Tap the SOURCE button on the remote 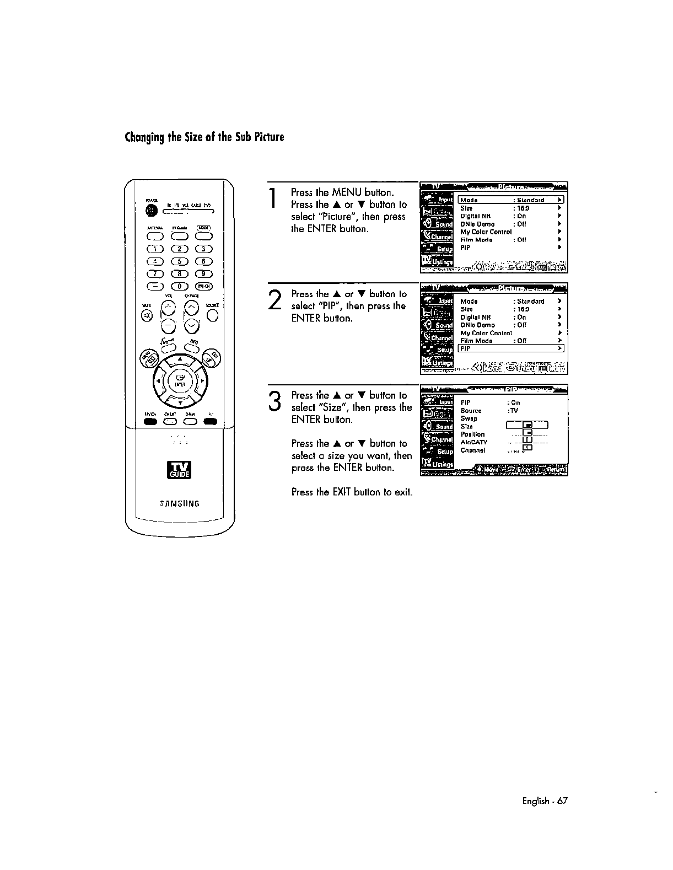point(213,315)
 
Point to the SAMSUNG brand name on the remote point(179,503)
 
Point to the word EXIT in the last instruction point(342,492)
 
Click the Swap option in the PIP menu point(469,418)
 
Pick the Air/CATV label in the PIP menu point(473,442)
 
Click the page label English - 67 point(544,801)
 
